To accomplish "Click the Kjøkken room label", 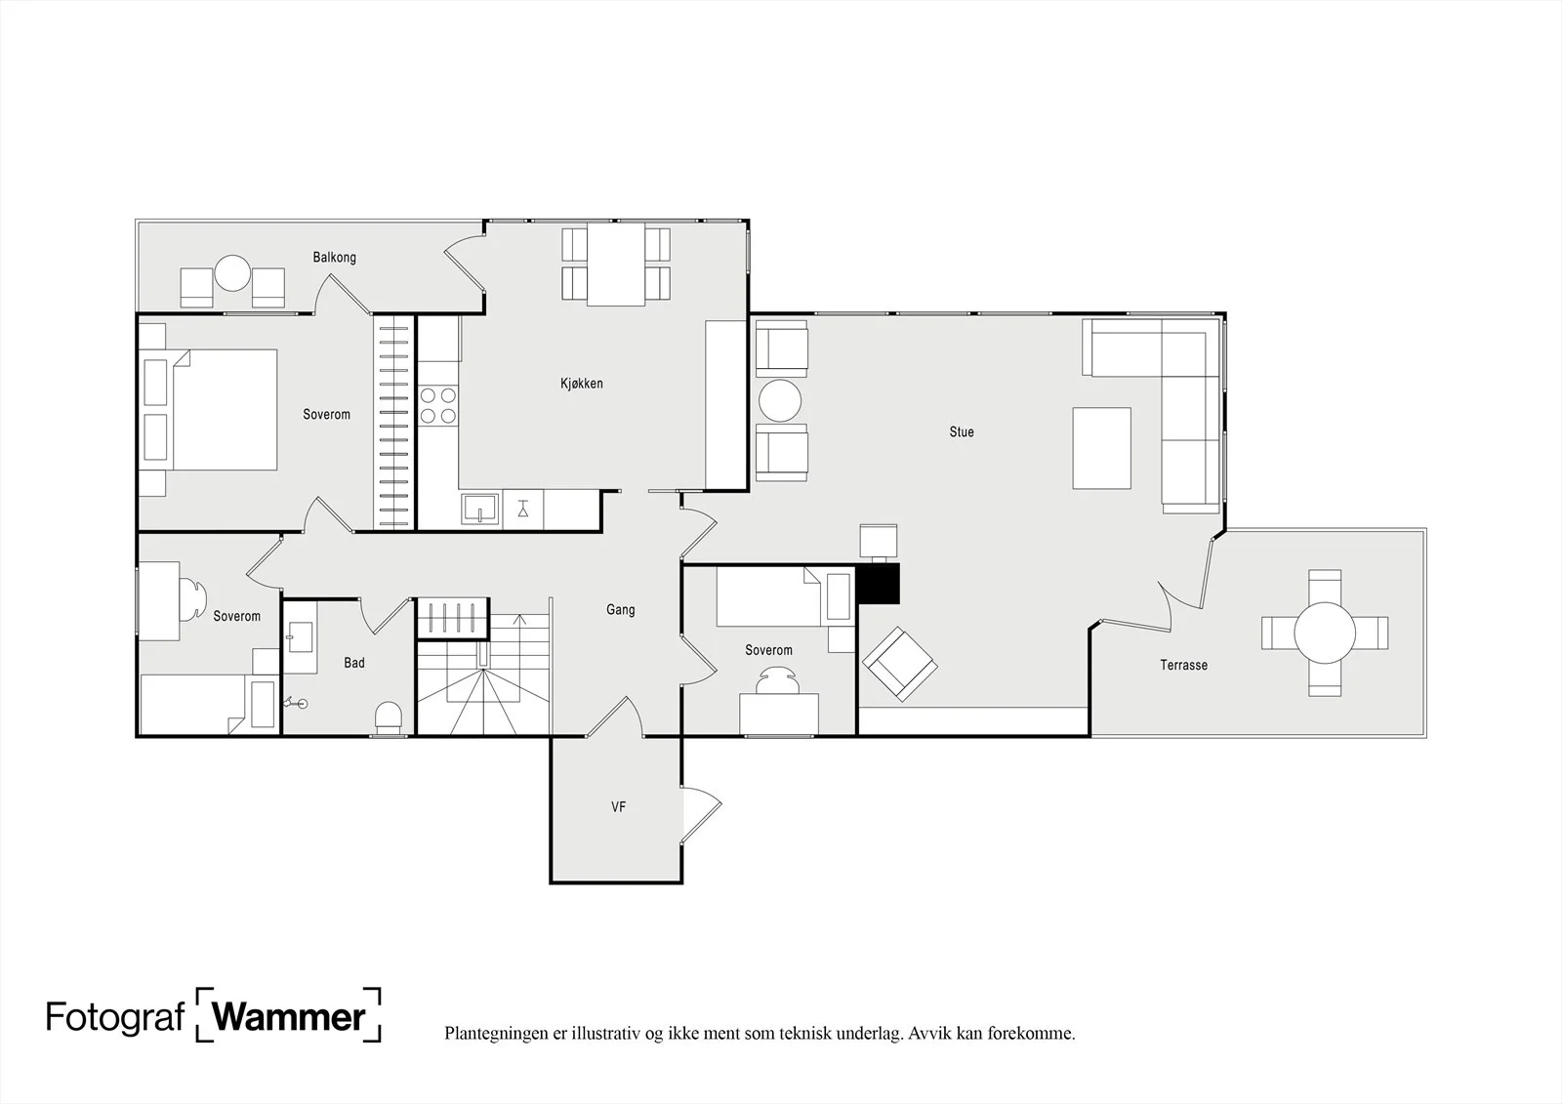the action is point(582,384).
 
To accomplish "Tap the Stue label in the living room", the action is point(962,432).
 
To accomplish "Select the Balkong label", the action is point(335,258).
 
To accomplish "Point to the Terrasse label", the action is point(1184,666).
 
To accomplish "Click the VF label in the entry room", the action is point(619,807).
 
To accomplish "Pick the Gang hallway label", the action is point(621,610).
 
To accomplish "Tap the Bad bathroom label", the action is point(354,663).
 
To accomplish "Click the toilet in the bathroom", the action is point(389,717).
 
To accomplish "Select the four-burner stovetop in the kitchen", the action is point(438,406).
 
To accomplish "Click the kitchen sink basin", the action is point(479,509).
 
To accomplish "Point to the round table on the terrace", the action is point(1325,634).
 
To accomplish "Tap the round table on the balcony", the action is point(232,273).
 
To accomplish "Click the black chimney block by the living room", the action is point(879,584).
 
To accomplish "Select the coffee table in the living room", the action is point(1102,448).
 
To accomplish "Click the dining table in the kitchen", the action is point(616,265).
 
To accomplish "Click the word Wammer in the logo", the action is point(289,1017).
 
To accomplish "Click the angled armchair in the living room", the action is point(899,664).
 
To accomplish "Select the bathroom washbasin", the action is point(301,636).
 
